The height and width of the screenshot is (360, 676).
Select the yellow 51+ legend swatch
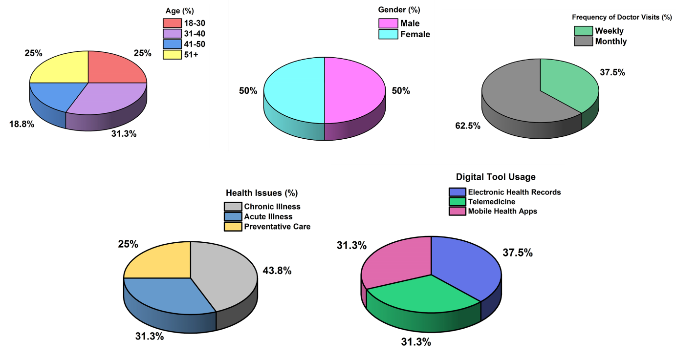172,55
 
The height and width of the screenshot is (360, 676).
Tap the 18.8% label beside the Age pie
22,124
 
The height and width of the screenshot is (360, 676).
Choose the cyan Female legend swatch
388,34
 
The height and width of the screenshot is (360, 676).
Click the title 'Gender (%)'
399,10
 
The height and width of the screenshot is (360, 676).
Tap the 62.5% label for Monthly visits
468,126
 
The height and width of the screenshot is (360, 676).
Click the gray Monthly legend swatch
582,42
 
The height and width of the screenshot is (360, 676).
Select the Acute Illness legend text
268,216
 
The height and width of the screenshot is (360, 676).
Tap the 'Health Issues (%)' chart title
262,193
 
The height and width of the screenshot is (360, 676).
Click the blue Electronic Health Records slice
464,264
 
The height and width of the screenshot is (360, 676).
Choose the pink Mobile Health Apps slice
396,261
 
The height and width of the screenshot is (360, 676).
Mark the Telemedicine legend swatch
457,202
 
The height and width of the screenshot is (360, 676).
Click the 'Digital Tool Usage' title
496,177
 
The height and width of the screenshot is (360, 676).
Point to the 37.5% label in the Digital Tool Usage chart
518,253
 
